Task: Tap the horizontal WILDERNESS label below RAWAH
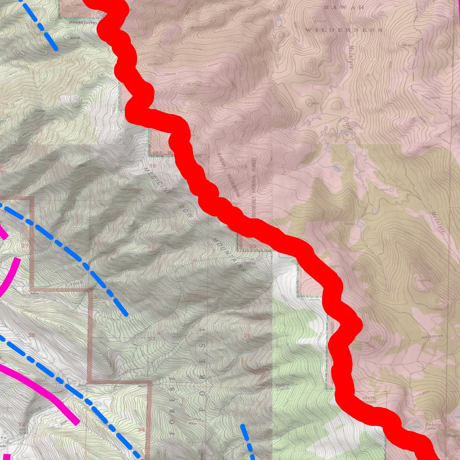(x=344, y=30)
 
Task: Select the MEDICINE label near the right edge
(x=433, y=336)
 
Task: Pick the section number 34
(x=142, y=430)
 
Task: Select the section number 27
(x=152, y=338)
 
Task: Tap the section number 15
(x=153, y=166)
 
